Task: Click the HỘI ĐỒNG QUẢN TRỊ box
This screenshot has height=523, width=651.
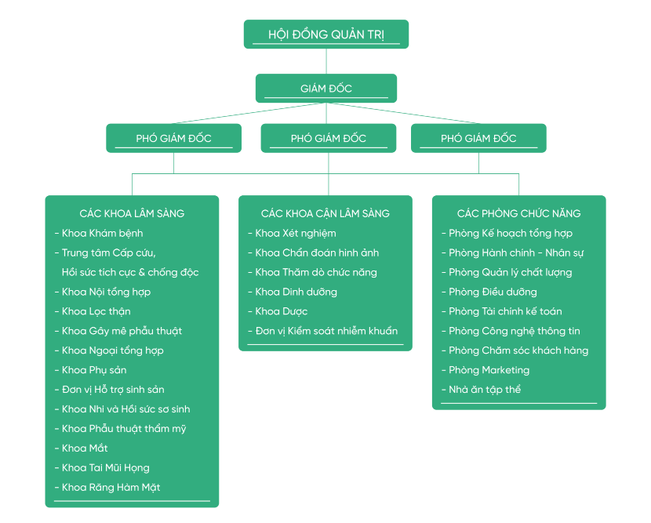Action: click(325, 35)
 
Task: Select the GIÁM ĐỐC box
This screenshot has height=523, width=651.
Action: click(325, 89)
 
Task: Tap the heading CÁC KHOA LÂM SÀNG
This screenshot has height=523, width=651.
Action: click(132, 213)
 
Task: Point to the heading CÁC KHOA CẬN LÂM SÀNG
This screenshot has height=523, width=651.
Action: click(325, 213)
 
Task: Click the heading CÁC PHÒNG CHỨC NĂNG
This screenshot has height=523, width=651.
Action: click(518, 213)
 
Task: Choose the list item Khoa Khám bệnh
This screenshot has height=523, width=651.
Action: click(102, 233)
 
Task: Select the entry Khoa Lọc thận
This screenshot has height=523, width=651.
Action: click(96, 311)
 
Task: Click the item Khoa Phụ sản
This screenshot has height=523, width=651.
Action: click(94, 370)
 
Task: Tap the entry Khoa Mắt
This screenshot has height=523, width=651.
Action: click(85, 449)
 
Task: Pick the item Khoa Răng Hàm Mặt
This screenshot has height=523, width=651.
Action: click(111, 488)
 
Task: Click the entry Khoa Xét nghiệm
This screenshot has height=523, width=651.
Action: click(296, 233)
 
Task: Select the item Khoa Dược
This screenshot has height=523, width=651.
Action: click(282, 311)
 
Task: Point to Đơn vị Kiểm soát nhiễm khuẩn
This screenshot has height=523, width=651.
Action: click(326, 331)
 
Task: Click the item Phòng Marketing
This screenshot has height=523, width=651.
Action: click(489, 370)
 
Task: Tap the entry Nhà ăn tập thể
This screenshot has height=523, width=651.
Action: click(485, 390)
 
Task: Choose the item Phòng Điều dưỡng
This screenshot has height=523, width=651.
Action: click(493, 292)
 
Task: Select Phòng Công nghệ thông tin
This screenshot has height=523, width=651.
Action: click(515, 331)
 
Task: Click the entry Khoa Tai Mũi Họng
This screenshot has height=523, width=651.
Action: click(105, 468)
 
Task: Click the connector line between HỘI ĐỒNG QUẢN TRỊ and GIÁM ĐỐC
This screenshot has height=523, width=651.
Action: click(325, 61)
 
